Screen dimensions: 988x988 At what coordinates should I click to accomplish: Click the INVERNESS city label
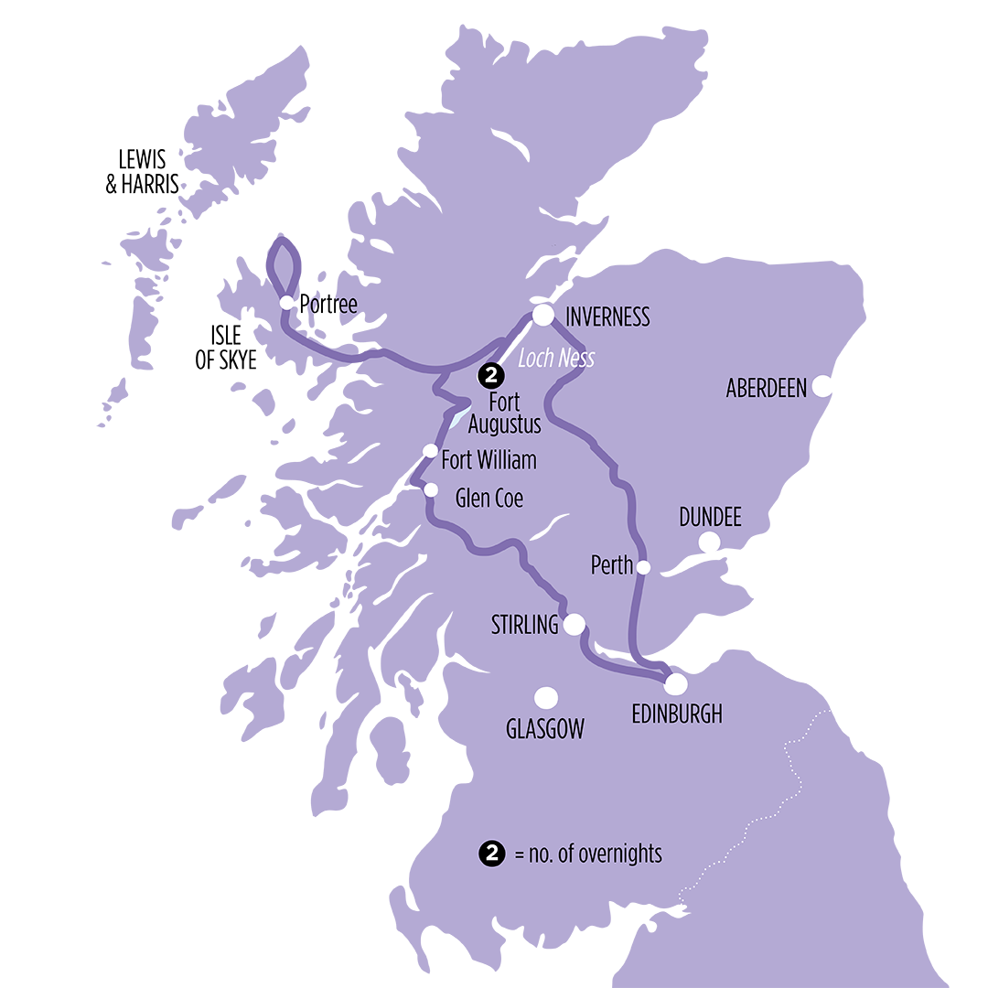point(607,317)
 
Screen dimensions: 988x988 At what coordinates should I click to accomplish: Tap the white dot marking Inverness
point(543,316)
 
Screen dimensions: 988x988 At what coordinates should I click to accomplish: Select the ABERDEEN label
point(767,388)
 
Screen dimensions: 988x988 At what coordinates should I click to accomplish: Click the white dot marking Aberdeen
point(822,387)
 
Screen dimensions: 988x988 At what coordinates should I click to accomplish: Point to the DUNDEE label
point(710,518)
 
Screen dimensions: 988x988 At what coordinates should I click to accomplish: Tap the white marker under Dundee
point(709,543)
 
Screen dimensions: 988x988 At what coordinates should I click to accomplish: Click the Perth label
point(612,565)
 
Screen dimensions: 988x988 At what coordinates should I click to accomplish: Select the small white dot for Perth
point(643,567)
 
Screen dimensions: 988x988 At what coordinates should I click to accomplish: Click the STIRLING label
point(525,626)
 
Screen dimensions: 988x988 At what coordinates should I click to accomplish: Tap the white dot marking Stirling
point(574,625)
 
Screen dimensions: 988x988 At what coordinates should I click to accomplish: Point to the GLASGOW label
point(545,729)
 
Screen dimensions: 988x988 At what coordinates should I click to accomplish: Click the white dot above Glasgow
point(546,698)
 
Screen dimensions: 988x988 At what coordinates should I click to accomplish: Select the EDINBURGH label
point(677,714)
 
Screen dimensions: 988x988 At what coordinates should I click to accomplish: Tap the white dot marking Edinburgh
point(675,683)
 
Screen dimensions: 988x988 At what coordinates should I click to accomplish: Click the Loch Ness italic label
point(556,358)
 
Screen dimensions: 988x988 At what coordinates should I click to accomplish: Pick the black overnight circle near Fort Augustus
point(491,374)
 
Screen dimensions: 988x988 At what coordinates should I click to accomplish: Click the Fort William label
point(489,460)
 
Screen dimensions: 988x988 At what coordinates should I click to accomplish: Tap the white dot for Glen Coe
point(431,490)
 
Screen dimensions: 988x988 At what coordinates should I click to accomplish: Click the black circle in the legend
point(491,854)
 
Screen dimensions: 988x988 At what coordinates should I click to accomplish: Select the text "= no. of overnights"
point(587,854)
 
